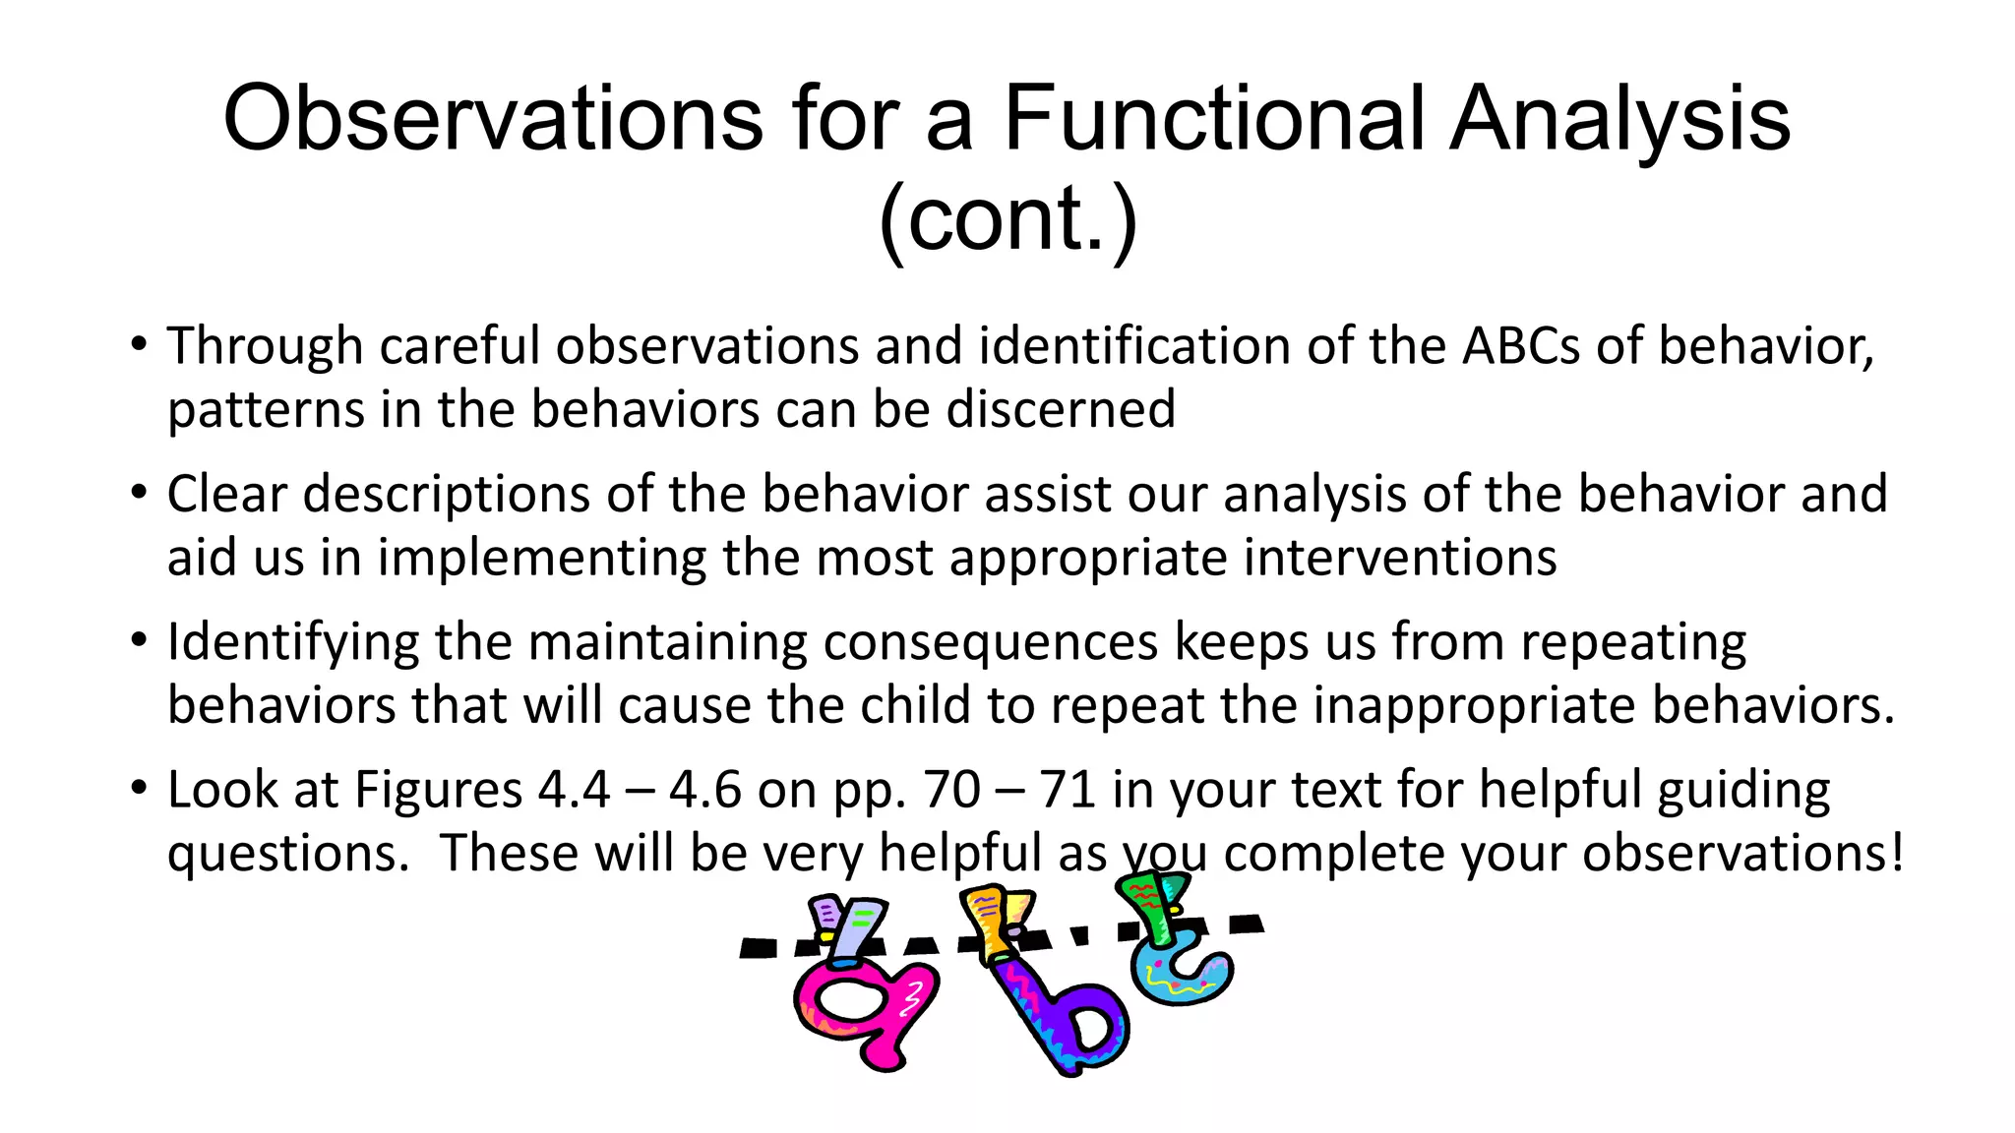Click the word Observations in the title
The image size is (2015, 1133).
click(x=493, y=119)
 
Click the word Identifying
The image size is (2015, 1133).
click(x=292, y=642)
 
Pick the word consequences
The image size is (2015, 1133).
click(x=990, y=642)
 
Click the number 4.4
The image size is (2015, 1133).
click(x=574, y=790)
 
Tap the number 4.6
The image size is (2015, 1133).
click(x=705, y=790)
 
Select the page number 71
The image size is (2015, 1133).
click(x=1068, y=790)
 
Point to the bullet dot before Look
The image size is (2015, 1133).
click(x=139, y=788)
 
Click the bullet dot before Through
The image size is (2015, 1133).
click(x=139, y=345)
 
